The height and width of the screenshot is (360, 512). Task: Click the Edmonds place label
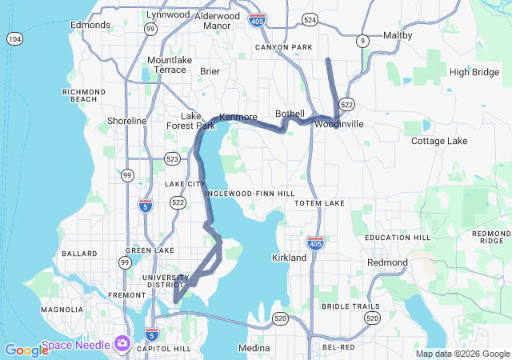[x=90, y=25]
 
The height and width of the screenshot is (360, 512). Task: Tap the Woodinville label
[x=338, y=124]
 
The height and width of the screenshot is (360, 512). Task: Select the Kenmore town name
[x=238, y=116]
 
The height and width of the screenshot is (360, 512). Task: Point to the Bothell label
[x=290, y=114]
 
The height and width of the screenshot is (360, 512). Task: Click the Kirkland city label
[x=289, y=258]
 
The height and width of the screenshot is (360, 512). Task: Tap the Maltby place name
[x=398, y=36]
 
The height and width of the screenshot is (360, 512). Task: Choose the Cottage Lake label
[x=438, y=141]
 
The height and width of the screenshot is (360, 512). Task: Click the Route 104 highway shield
[x=14, y=38]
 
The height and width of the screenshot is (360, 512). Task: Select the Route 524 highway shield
[x=310, y=18]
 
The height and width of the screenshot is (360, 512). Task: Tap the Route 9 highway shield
[x=362, y=40]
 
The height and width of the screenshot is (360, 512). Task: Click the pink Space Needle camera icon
[x=122, y=343]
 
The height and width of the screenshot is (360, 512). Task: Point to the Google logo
[x=26, y=350]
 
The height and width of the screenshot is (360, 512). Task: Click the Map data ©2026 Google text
[x=462, y=354]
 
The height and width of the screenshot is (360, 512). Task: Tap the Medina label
[x=254, y=348]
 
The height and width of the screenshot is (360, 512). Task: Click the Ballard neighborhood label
[x=79, y=254]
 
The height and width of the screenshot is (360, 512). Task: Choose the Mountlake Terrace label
[x=166, y=65]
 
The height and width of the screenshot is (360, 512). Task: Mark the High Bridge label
[x=474, y=72]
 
